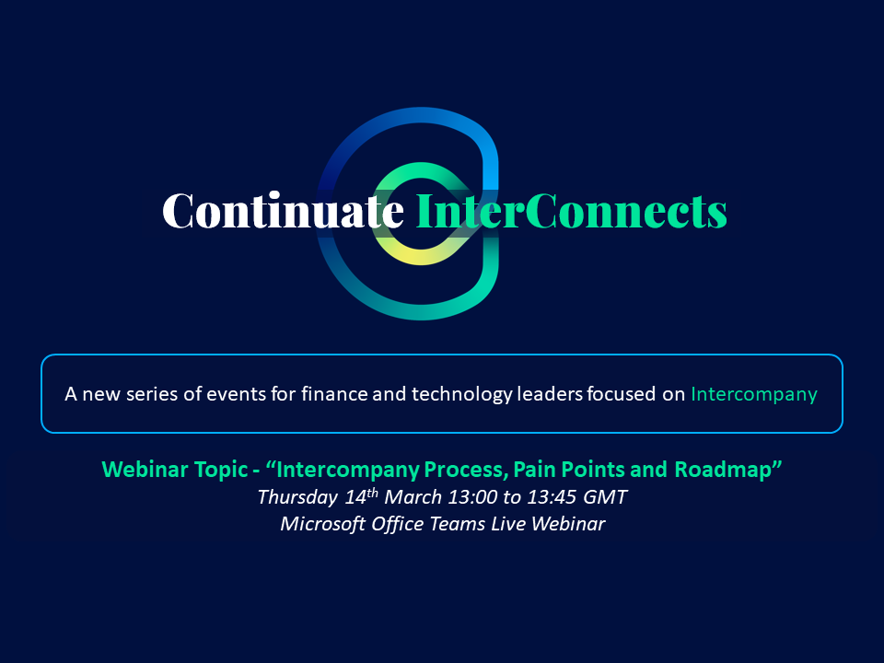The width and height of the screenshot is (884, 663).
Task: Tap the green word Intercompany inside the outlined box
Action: tap(754, 394)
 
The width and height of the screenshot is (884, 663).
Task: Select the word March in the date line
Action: tap(413, 496)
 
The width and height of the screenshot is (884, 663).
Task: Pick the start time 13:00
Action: tap(472, 496)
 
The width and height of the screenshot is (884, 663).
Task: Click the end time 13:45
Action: tap(552, 496)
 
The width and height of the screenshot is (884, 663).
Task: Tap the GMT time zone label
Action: tap(605, 496)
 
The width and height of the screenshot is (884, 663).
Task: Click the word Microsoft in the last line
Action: tap(322, 524)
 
